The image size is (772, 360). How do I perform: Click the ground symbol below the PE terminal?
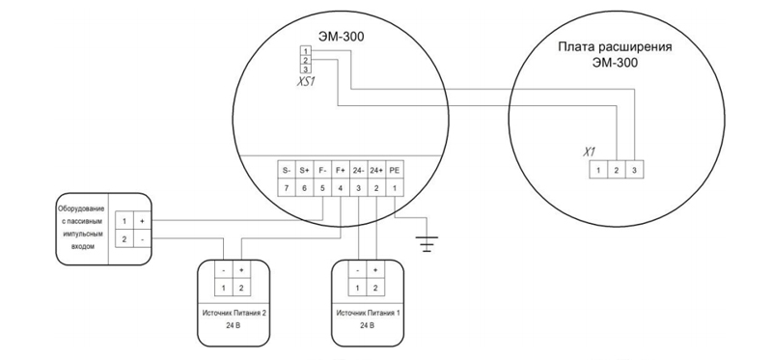427,244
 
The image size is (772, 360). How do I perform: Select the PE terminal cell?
395,171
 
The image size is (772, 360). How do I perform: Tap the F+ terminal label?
341,171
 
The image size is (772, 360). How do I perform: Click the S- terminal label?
286,171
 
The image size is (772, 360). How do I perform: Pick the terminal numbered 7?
286,187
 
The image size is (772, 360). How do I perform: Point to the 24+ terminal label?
376,171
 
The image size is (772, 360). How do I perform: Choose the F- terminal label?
322,171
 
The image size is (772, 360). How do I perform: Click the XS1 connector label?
305,81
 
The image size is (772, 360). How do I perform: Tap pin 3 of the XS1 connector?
306,69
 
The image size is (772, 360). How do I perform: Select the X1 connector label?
589,152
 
